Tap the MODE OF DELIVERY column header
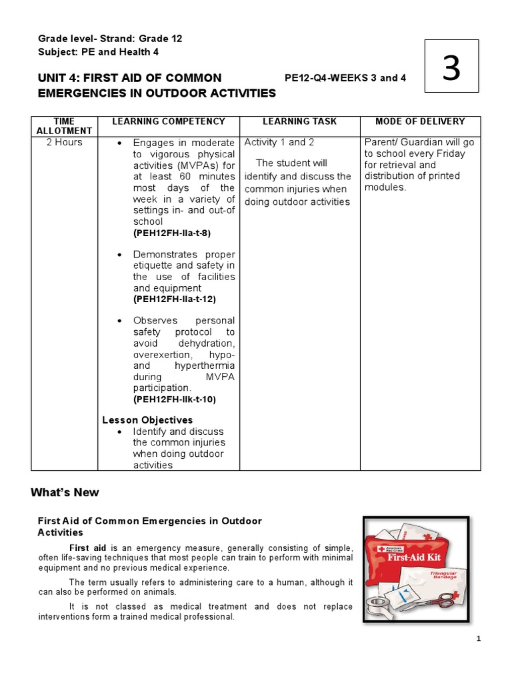[x=420, y=121]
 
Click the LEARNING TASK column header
[x=299, y=121]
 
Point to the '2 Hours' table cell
[x=64, y=142]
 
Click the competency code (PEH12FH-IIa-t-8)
[x=172, y=233]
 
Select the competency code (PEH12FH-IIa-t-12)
[x=175, y=299]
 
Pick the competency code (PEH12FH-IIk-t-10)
[x=175, y=400]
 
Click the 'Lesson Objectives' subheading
[x=147, y=420]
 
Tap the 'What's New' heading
[x=65, y=493]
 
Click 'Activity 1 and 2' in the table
[x=279, y=142]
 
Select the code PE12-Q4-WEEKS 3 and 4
[x=345, y=78]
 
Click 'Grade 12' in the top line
[x=160, y=39]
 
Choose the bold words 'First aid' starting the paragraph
[x=89, y=548]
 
